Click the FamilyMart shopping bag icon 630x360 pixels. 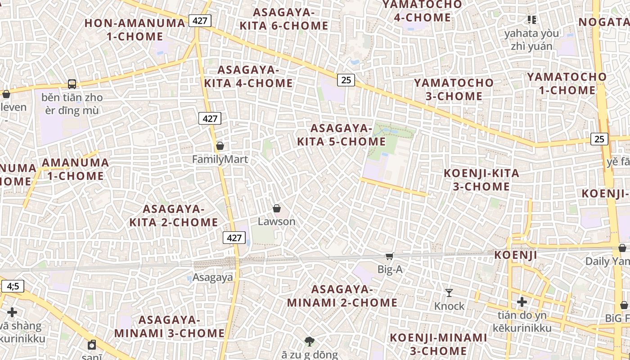(x=220, y=146)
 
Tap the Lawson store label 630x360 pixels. (x=276, y=221)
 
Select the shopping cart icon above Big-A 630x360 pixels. (x=389, y=256)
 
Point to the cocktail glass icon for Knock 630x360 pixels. (x=449, y=293)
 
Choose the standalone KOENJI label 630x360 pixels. (x=516, y=255)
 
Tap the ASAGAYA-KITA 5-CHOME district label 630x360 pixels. (x=341, y=135)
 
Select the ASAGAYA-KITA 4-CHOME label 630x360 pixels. (x=248, y=76)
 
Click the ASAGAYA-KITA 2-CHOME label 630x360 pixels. (x=174, y=216)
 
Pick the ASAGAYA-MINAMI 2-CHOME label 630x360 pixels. (x=342, y=296)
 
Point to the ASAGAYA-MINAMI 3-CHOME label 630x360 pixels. (x=169, y=326)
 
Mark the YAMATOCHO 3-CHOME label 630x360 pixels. (x=454, y=89)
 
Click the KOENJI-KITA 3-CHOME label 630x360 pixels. (x=481, y=180)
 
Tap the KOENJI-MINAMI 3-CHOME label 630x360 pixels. (x=438, y=344)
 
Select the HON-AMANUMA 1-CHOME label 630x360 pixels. (x=135, y=30)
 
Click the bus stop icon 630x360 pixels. (x=72, y=84)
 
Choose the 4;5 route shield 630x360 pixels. (x=13, y=286)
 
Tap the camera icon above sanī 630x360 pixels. (x=92, y=345)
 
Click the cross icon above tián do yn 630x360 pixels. (x=522, y=301)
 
